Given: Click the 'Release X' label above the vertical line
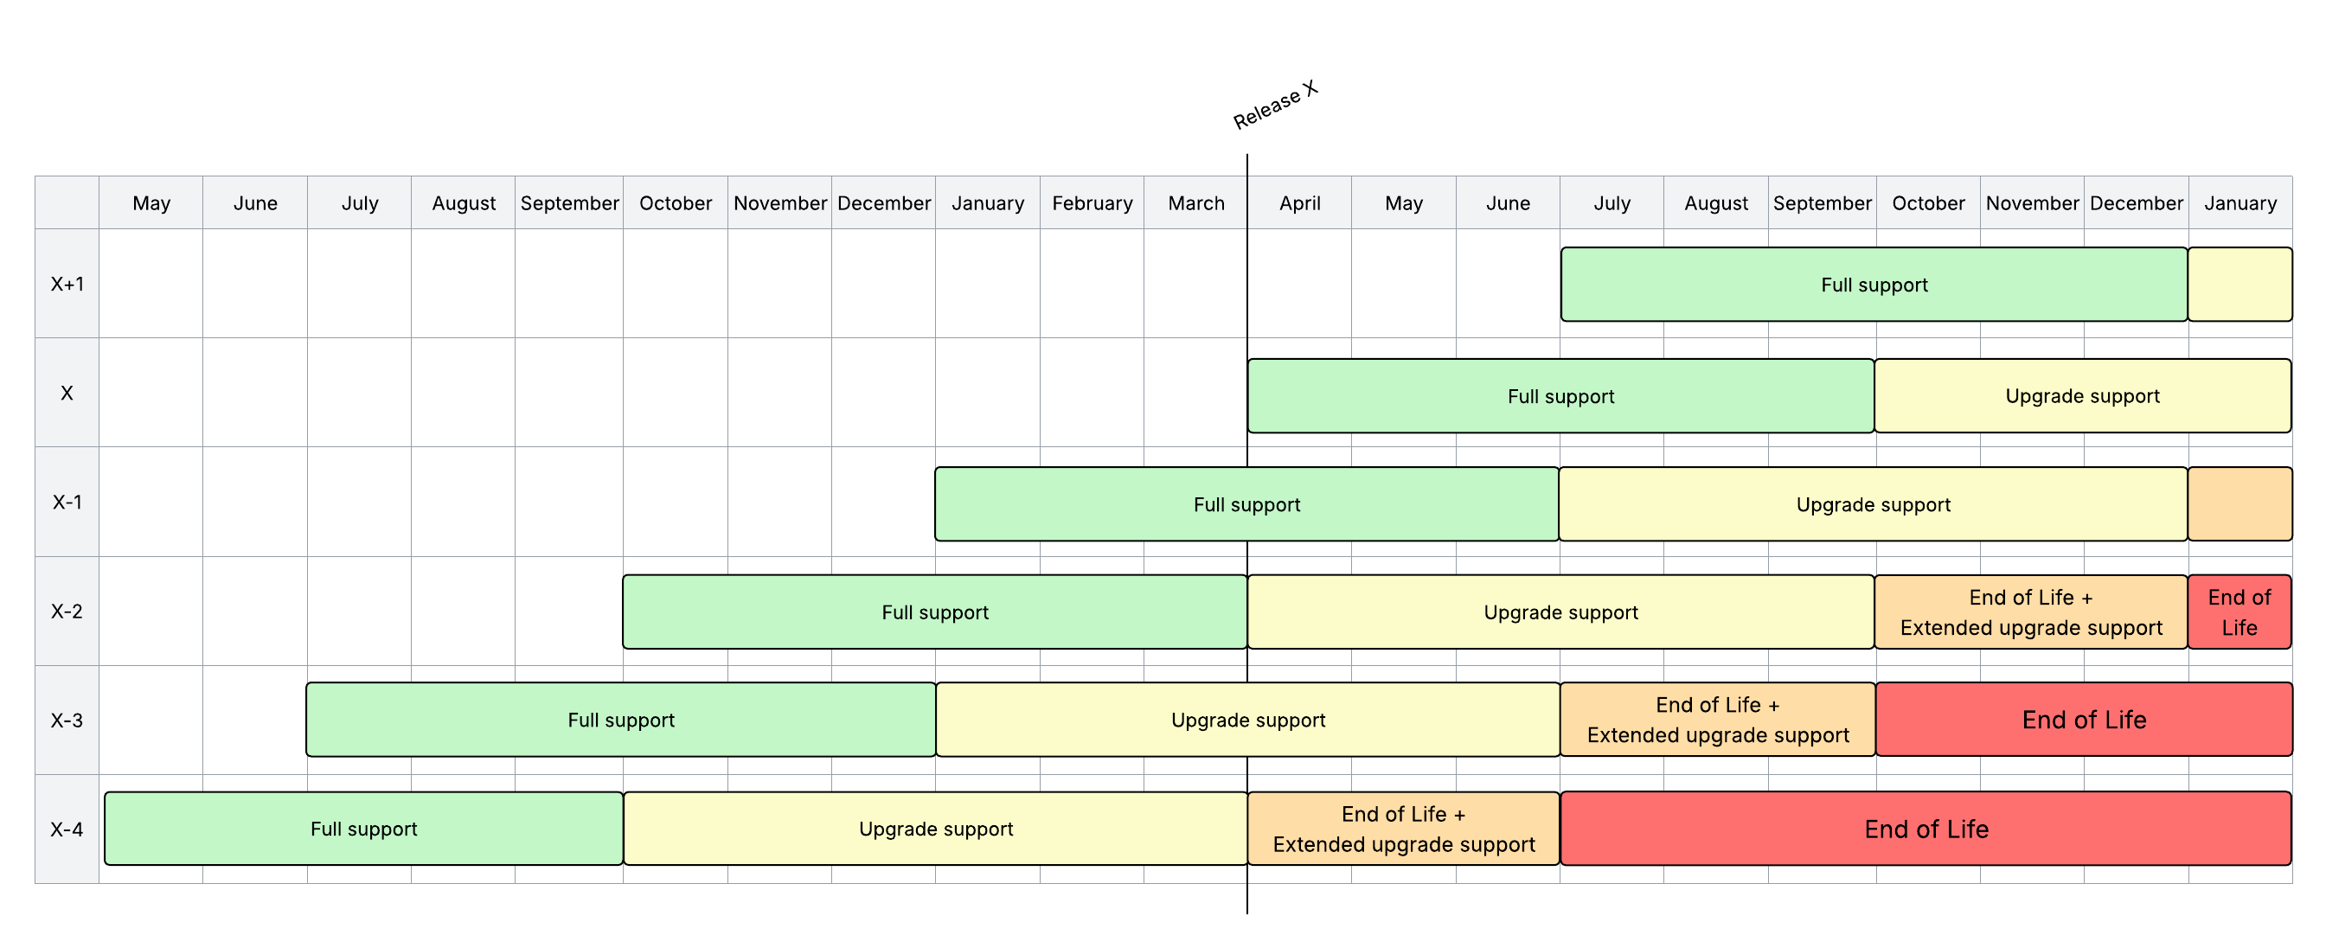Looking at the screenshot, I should (1275, 106).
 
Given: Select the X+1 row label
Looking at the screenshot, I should (67, 285).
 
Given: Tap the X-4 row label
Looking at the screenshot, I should (67, 829).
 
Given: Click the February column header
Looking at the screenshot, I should (1092, 203).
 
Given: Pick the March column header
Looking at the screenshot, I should (1195, 203).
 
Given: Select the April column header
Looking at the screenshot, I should (1299, 203).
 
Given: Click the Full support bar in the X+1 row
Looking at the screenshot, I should (1874, 285).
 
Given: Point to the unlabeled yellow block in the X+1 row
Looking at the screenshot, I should (2239, 285).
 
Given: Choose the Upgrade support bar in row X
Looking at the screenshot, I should (2082, 395).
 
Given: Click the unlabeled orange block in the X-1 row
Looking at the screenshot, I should (2239, 503).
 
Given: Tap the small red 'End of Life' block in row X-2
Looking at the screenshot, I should (2239, 612).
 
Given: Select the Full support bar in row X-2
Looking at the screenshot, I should (934, 612).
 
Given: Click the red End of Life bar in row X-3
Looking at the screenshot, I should (2083, 720).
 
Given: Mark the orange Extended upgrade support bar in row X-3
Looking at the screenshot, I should (1717, 720).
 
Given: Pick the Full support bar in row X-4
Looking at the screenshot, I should (363, 829).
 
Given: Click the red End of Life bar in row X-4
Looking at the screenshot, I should (1926, 829).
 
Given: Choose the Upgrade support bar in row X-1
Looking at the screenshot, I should (1873, 503).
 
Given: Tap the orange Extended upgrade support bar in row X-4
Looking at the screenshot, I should (1403, 829).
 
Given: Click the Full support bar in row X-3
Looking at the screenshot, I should (620, 720).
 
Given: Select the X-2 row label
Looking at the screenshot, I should (67, 612).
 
